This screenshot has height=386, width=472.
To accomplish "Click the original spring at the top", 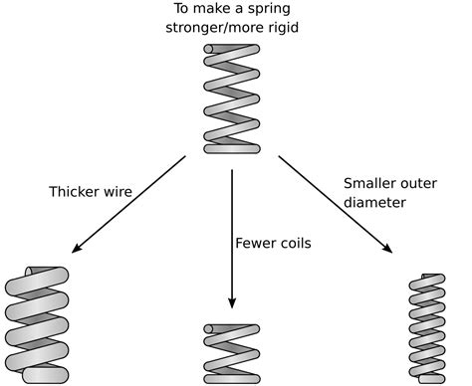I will click(231, 98).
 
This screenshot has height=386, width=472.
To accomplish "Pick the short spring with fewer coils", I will click(231, 353).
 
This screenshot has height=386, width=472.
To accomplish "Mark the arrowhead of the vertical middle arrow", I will click(231, 305).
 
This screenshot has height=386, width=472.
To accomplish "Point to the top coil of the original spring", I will click(231, 50).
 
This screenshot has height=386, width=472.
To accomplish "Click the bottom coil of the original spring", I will click(231, 148).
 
